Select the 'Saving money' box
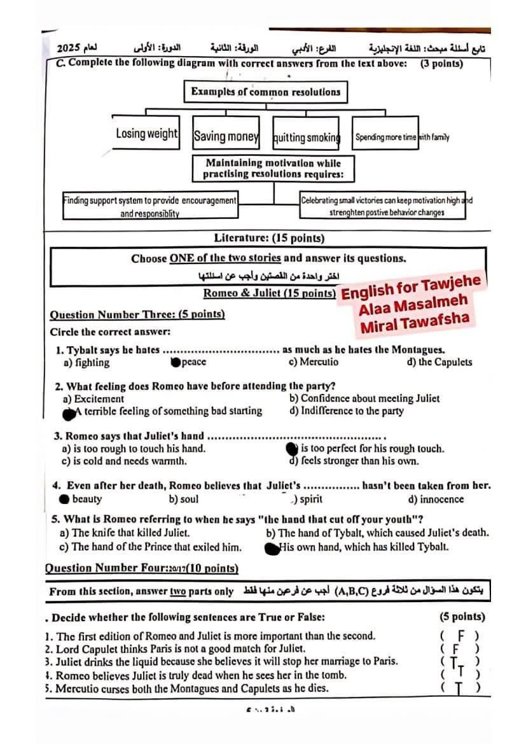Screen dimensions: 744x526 pyautogui.click(x=226, y=136)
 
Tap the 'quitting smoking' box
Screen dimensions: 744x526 pyautogui.click(x=307, y=137)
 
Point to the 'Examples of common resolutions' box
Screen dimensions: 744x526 pyautogui.click(x=266, y=92)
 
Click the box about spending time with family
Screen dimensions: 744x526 pyautogui.click(x=385, y=136)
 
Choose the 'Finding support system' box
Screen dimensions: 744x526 pyautogui.click(x=150, y=206)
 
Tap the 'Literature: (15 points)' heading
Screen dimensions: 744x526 pyautogui.click(x=269, y=238)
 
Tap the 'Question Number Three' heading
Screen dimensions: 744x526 pyautogui.click(x=137, y=314)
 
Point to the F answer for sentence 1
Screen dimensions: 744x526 pyautogui.click(x=459, y=635)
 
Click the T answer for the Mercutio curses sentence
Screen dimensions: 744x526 pyautogui.click(x=459, y=687)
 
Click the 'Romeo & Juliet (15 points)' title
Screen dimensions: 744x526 pyautogui.click(x=270, y=293)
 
